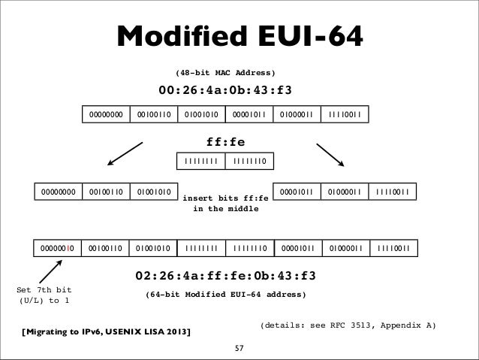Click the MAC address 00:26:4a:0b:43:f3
click(224, 92)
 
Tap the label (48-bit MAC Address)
click(225, 73)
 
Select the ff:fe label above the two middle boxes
click(225, 141)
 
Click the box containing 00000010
click(58, 247)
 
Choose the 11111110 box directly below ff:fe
click(250, 160)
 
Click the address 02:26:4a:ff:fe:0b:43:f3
click(225, 272)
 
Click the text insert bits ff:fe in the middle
click(225, 204)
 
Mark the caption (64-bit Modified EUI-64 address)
click(225, 295)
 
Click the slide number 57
click(239, 349)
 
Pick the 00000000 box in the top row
click(105, 115)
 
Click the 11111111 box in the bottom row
click(200, 247)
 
